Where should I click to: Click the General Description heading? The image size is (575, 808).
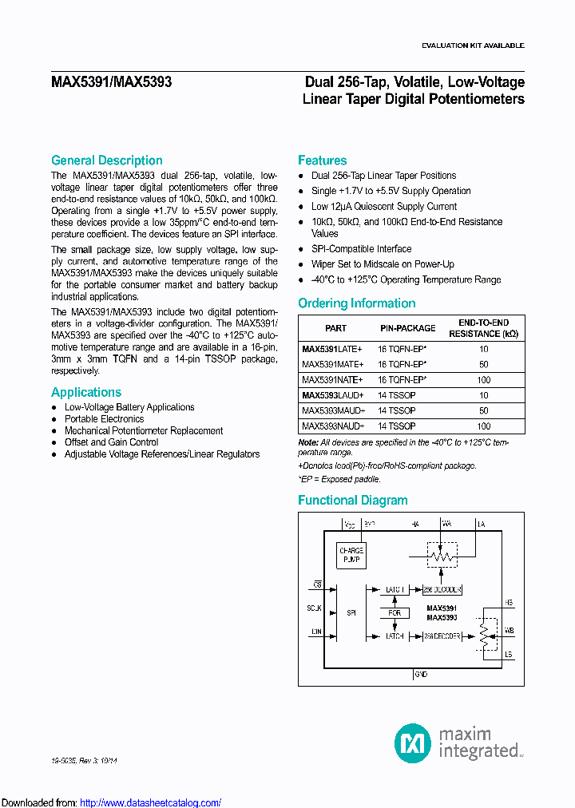106,160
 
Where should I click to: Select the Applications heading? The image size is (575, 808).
86,392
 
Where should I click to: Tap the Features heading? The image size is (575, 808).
322,160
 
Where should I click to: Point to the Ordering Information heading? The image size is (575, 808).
356,303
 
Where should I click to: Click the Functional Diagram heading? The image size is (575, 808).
352,501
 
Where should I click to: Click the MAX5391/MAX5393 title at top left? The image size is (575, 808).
111,82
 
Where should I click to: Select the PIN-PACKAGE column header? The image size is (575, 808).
407,328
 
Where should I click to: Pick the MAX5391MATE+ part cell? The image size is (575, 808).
332,364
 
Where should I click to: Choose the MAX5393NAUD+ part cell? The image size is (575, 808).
333,426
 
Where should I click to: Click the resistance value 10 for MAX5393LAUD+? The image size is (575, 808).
484,395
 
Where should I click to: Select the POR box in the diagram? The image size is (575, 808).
394,613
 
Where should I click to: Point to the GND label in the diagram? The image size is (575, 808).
421,675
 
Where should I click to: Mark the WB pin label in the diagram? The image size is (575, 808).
510,631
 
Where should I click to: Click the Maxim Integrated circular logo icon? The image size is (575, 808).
413,743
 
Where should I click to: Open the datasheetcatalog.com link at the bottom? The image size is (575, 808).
151,802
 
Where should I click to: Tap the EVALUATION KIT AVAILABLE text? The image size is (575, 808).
473,46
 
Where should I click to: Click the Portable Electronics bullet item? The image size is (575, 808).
105,419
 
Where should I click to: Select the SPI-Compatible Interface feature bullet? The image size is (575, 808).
361,249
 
